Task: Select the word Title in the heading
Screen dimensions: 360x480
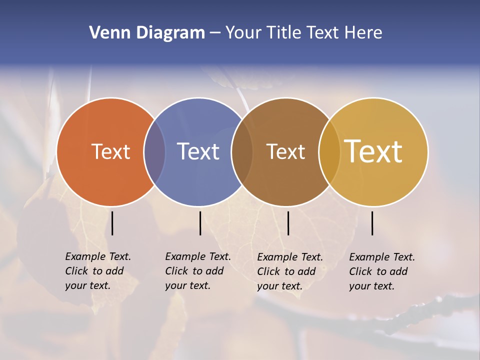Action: click(284, 33)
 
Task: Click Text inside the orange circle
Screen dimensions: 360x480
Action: click(110, 151)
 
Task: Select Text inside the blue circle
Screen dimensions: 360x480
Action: click(198, 151)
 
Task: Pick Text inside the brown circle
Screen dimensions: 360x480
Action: click(285, 151)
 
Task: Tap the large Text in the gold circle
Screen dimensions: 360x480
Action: click(373, 151)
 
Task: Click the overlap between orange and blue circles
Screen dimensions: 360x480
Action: click(154, 152)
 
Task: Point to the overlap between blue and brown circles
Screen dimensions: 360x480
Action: click(242, 152)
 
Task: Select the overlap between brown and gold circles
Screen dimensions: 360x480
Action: click(329, 152)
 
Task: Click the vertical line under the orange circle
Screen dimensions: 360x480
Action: click(112, 223)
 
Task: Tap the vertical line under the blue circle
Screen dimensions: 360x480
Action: click(200, 223)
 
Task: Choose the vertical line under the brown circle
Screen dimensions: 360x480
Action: click(288, 223)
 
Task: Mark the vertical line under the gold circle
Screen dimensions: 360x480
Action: click(372, 223)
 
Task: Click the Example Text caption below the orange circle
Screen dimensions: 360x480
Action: click(97, 271)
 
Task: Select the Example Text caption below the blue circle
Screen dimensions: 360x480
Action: click(197, 271)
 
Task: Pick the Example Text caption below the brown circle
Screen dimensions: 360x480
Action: click(290, 271)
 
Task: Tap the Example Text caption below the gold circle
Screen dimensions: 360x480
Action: click(382, 271)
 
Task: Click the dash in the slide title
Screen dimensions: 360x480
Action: click(215, 33)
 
